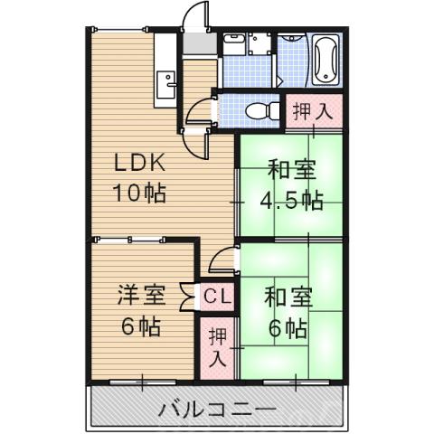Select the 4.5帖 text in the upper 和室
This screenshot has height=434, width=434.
[291, 198]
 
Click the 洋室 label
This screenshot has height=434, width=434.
[141, 295]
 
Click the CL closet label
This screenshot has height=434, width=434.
[216, 296]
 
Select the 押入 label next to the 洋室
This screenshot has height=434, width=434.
[218, 346]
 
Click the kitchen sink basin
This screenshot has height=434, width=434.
[166, 85]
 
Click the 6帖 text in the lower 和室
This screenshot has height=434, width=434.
[288, 326]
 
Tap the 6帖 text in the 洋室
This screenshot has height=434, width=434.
[141, 325]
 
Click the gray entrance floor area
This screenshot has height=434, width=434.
[198, 45]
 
